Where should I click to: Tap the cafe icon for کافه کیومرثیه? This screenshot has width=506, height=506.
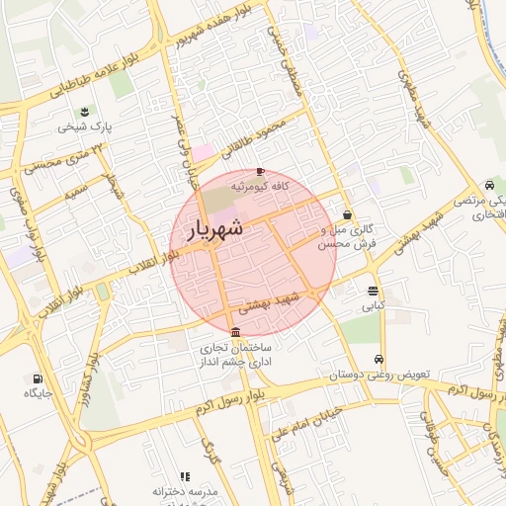[260, 171]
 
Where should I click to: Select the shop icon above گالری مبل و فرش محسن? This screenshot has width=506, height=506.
[347, 214]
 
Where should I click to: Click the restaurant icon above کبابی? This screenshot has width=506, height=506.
[372, 292]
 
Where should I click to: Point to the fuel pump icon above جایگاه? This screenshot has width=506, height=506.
[38, 379]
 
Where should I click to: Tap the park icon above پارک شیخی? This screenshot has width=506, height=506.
[85, 111]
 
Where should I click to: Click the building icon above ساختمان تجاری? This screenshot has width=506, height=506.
[234, 332]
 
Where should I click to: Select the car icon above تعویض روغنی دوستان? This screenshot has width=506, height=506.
[380, 360]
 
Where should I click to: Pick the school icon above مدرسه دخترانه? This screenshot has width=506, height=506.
[185, 476]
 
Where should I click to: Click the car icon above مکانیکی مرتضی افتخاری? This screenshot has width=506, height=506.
[490, 185]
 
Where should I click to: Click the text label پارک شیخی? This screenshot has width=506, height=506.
[85, 126]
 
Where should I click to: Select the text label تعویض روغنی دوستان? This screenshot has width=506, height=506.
[380, 376]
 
